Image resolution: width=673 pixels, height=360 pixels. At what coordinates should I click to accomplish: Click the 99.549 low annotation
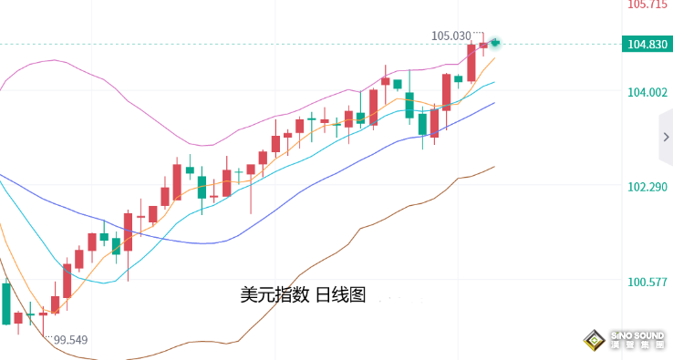70,340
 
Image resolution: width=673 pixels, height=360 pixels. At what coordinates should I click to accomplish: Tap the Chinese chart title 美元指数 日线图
302,295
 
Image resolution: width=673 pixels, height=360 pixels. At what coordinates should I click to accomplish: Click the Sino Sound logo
625,340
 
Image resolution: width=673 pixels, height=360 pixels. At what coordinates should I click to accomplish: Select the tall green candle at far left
6,303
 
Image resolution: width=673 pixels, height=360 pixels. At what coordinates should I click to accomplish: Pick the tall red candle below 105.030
471,62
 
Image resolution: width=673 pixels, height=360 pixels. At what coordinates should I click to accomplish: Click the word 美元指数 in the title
275,295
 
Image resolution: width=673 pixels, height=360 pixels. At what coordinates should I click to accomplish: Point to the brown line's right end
494,167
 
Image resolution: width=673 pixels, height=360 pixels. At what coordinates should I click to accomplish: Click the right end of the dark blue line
494,103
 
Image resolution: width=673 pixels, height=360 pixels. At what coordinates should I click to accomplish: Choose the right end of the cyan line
494,82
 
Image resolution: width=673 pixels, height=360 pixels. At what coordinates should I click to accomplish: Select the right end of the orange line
494,58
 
